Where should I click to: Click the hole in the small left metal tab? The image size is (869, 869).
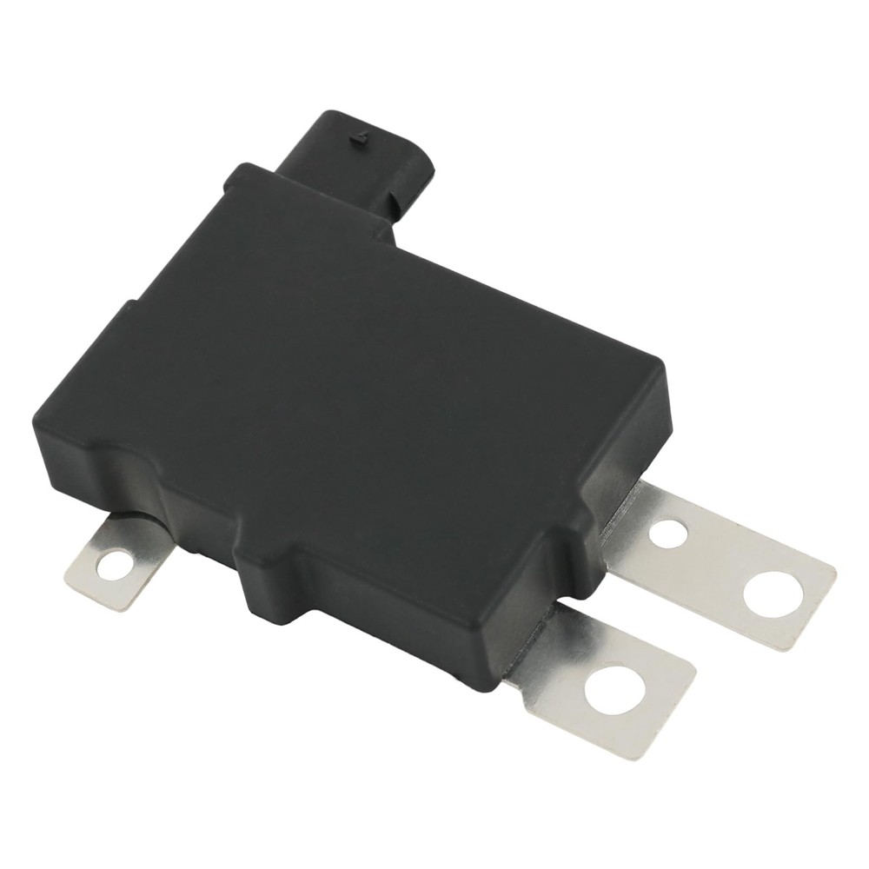[111, 567]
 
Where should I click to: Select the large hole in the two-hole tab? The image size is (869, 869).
[771, 593]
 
